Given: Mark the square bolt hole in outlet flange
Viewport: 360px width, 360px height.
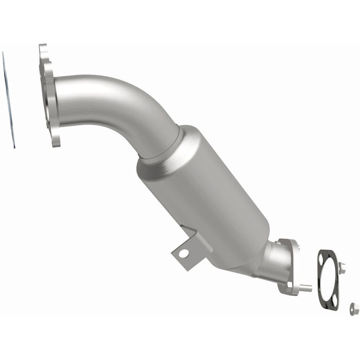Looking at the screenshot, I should [x=290, y=284].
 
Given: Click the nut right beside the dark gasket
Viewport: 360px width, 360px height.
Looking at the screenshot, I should [x=342, y=268].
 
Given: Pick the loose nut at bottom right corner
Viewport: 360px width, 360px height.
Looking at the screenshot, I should [x=354, y=308].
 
